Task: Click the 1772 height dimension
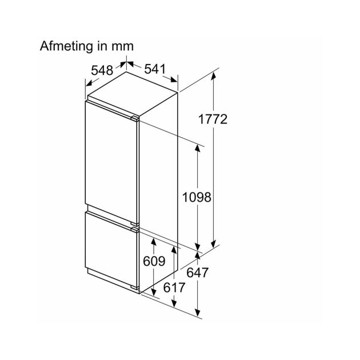pyautogui.click(x=213, y=119)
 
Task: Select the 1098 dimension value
pyautogui.click(x=197, y=197)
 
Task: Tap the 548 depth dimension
pyautogui.click(x=102, y=70)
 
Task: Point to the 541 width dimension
pyautogui.click(x=155, y=69)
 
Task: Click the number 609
pyautogui.click(x=154, y=261)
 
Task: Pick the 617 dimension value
pyautogui.click(x=174, y=287)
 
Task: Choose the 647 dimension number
pyautogui.click(x=197, y=273)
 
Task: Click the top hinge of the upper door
pyautogui.click(x=135, y=118)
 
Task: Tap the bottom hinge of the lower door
pyautogui.click(x=135, y=287)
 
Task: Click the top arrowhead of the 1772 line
pyautogui.click(x=213, y=76)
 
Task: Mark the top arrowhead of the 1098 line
pyautogui.click(x=197, y=147)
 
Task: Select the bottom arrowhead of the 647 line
pyautogui.click(x=197, y=313)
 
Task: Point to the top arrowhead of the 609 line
pyautogui.click(x=154, y=242)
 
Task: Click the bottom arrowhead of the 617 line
pyautogui.click(x=174, y=303)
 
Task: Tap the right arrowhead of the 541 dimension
pyautogui.click(x=174, y=79)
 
